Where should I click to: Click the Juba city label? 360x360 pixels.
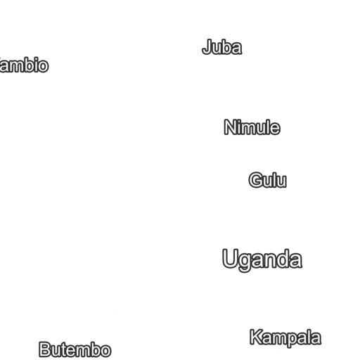pyautogui.click(x=221, y=48)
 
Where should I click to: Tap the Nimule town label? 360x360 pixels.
pyautogui.click(x=252, y=128)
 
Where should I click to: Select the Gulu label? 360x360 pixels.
pyautogui.click(x=267, y=181)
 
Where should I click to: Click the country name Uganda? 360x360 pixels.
pyautogui.click(x=262, y=259)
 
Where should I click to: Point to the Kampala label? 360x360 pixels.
pyautogui.click(x=285, y=337)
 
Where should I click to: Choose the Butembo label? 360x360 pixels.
pyautogui.click(x=75, y=349)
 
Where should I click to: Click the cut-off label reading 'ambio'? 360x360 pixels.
pyautogui.click(x=25, y=66)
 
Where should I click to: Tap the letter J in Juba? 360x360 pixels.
pyautogui.click(x=207, y=48)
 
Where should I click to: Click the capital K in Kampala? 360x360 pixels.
pyautogui.click(x=255, y=337)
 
